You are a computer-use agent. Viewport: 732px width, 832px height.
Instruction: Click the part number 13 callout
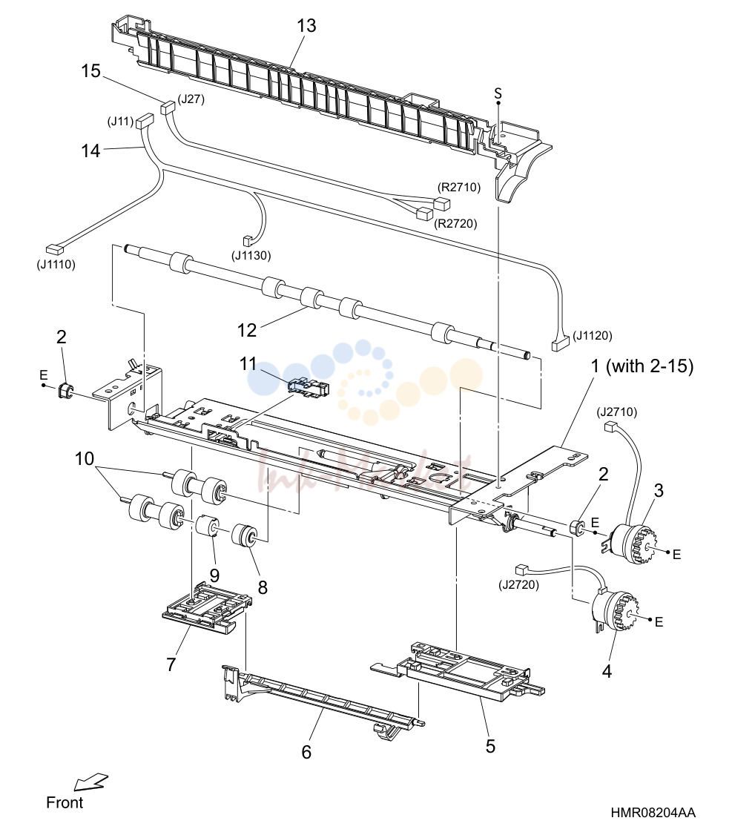coord(306,25)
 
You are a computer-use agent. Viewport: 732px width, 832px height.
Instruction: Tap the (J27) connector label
coord(191,99)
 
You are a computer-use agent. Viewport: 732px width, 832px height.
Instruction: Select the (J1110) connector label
coord(56,264)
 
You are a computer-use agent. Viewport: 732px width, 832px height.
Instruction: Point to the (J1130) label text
coord(251,255)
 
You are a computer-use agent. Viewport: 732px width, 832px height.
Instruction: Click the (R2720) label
coord(456,223)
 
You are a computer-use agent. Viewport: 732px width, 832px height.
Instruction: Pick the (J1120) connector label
coord(593,335)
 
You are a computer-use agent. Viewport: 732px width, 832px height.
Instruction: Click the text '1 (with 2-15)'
coord(642,366)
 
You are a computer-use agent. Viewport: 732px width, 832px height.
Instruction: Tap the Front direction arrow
coord(90,782)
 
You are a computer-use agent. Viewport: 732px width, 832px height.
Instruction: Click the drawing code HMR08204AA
coord(653,813)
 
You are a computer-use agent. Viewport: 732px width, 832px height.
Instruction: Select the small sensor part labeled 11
coord(308,387)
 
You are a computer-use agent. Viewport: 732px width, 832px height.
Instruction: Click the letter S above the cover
coord(498,93)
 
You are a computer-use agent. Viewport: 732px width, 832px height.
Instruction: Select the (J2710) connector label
coord(617,412)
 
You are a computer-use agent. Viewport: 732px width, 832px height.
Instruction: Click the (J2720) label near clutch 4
coord(518,585)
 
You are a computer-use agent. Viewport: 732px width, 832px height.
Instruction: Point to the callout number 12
coord(247,330)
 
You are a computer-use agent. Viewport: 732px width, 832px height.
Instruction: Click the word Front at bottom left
coord(65,802)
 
